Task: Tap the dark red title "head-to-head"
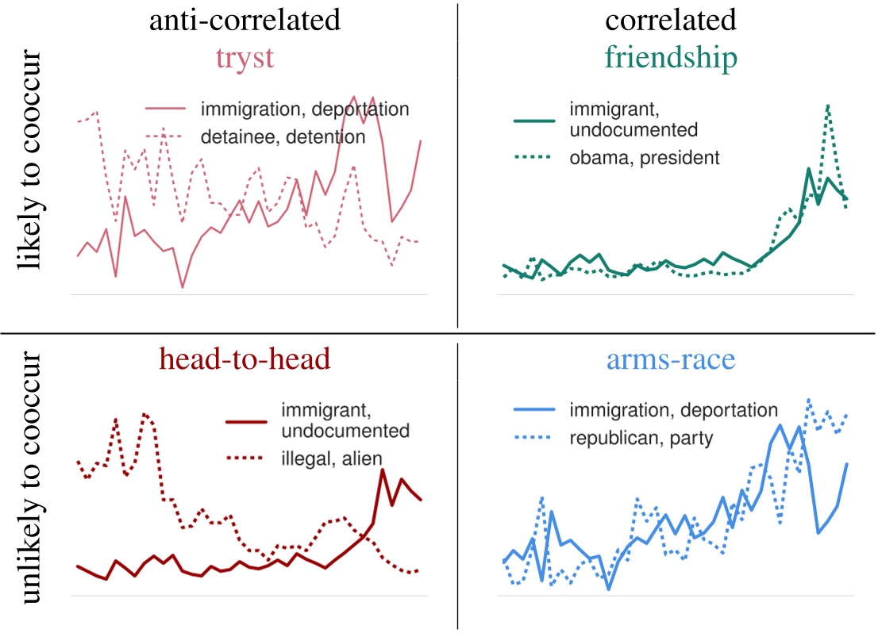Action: tap(245, 359)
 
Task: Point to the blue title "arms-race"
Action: tap(670, 359)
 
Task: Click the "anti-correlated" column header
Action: tap(245, 19)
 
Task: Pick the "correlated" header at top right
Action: tap(670, 19)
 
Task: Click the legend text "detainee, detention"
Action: tap(283, 136)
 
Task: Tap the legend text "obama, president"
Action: tap(644, 158)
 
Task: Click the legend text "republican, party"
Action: tap(641, 436)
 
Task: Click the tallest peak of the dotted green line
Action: tap(828, 105)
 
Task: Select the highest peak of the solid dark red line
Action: tap(383, 470)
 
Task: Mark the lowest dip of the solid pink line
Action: tap(183, 287)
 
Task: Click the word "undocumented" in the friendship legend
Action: tap(633, 129)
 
